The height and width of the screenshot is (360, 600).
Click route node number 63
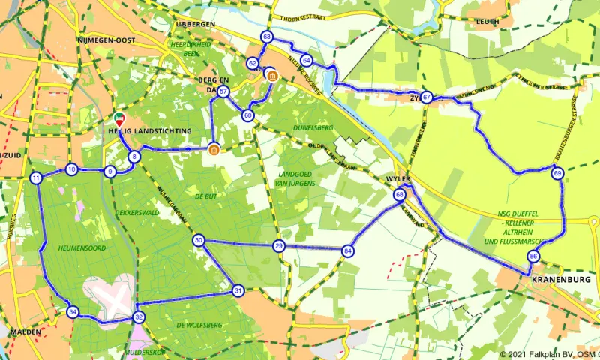click(x=267, y=37)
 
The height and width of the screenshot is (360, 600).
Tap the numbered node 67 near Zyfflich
click(x=426, y=97)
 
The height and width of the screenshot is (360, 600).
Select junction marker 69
click(x=557, y=174)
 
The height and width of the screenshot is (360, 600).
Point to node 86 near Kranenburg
click(x=533, y=256)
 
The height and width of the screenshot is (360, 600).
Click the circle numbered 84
click(x=347, y=250)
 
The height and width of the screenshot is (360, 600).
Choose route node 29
click(x=279, y=246)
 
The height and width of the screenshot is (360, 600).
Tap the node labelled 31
click(x=238, y=290)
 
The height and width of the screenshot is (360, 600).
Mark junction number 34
click(x=72, y=312)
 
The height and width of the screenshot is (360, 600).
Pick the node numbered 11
click(x=36, y=178)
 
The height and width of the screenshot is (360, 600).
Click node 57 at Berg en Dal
click(x=223, y=91)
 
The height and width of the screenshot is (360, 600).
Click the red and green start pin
click(x=119, y=119)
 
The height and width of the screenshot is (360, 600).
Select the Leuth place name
click(x=487, y=22)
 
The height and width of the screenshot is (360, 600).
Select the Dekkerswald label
click(x=136, y=212)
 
